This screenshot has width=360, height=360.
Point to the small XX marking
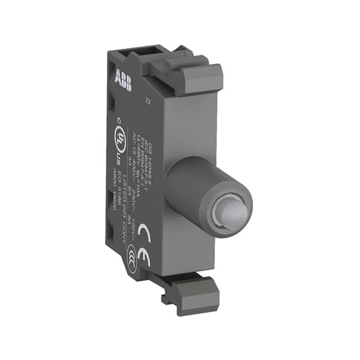click(147, 101)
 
